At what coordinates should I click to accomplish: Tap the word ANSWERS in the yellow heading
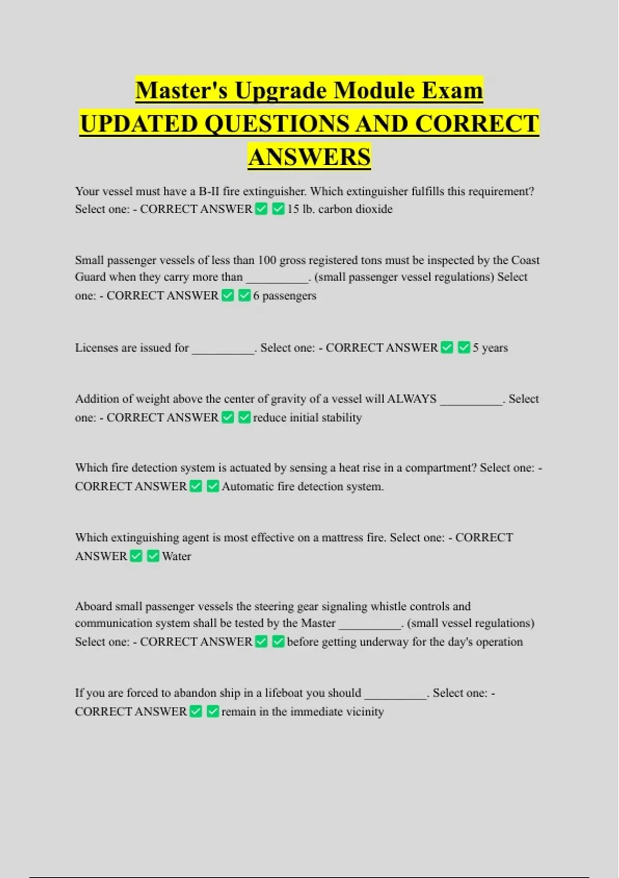click(309, 156)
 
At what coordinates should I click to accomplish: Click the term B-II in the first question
click(209, 192)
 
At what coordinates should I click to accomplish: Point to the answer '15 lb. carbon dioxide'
click(340, 209)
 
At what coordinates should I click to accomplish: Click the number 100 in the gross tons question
click(267, 260)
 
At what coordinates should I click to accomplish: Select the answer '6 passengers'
click(285, 296)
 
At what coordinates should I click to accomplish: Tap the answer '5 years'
click(490, 348)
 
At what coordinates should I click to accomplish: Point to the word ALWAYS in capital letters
click(412, 399)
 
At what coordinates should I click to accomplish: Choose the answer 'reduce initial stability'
click(307, 417)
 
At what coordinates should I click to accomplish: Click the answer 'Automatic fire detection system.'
click(303, 487)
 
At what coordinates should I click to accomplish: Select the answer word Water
click(176, 556)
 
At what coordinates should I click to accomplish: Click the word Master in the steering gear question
click(318, 623)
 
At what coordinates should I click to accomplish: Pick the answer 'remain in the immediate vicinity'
click(303, 712)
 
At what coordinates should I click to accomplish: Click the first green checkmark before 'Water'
click(136, 556)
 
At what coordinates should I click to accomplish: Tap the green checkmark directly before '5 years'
click(464, 348)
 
